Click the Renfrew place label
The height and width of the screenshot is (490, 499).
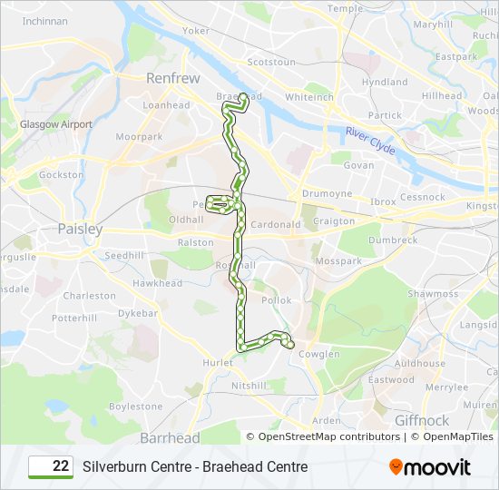tap(172, 79)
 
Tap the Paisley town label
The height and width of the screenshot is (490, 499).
tap(81, 230)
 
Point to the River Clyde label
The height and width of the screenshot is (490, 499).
tap(370, 140)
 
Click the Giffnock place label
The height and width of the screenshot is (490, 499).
tap(421, 421)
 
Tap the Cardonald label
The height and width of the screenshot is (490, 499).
tap(276, 225)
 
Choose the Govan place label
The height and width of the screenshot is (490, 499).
tap(358, 166)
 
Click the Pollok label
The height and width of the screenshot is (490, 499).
tap(277, 300)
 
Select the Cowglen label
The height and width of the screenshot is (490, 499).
tap(319, 355)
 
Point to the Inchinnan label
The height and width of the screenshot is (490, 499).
tap(44, 20)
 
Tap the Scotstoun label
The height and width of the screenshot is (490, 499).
tap(271, 63)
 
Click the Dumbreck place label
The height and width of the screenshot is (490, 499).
tap(393, 240)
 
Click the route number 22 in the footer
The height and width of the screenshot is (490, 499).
tap(61, 466)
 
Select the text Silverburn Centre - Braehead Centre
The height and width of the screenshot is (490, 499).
tap(195, 466)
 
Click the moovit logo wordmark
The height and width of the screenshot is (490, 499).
tap(437, 467)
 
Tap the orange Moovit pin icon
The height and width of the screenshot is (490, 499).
tap(396, 467)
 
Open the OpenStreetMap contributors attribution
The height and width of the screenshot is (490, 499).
tap(329, 436)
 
